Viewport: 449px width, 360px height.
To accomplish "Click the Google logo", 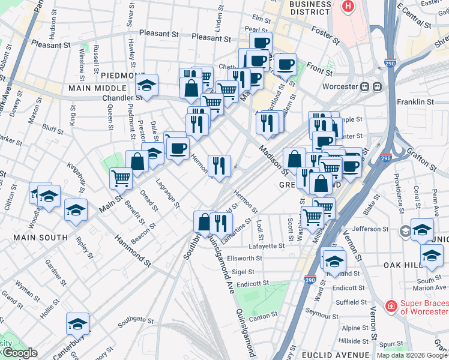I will click(x=19, y=353).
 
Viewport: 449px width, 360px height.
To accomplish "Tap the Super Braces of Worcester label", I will click(x=424, y=307).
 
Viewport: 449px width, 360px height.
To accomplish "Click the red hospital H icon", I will click(x=348, y=6).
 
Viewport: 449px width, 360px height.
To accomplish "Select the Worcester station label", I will click(x=340, y=86).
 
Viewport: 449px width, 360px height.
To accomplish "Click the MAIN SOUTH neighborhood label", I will click(x=41, y=238).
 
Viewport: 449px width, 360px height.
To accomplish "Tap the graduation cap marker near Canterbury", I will click(x=77, y=324).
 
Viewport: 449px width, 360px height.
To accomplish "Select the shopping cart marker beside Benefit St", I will click(x=121, y=178).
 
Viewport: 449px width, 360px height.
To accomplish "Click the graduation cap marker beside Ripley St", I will click(x=76, y=210).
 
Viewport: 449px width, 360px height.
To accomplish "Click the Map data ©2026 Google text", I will click(x=412, y=355).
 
